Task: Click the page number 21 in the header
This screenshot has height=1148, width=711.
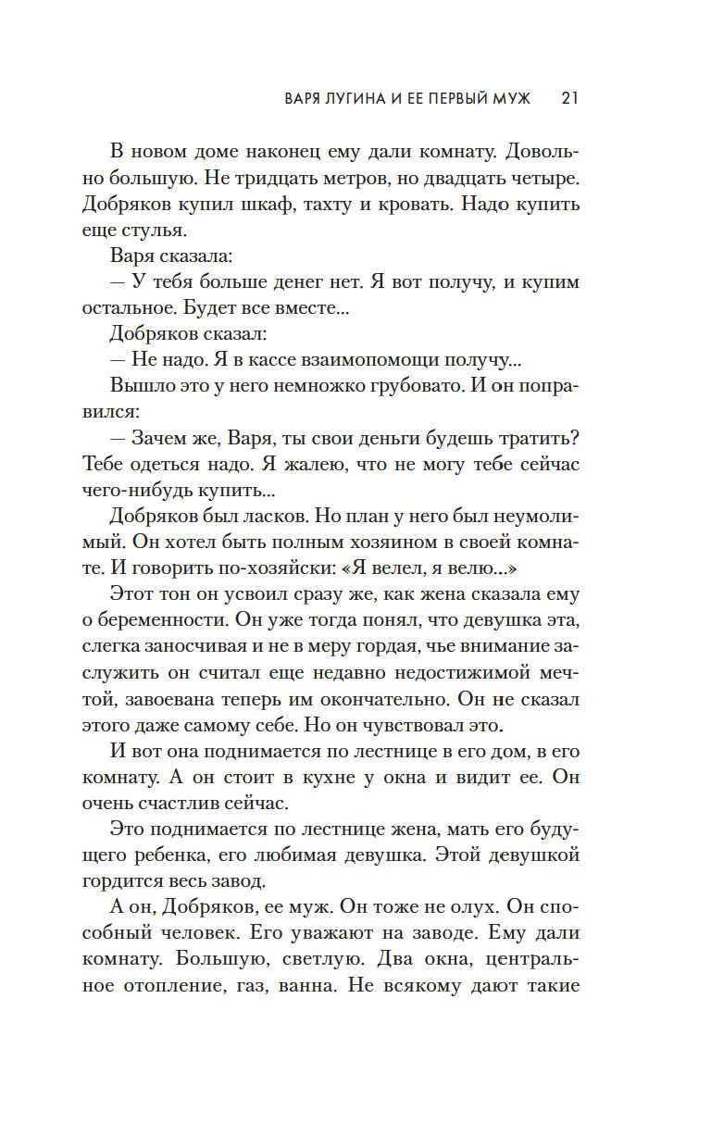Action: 570,99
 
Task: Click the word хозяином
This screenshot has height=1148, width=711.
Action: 367,542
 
